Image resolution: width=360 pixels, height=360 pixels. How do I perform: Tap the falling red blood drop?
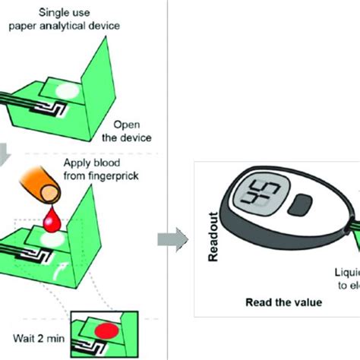coord(53,223)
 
